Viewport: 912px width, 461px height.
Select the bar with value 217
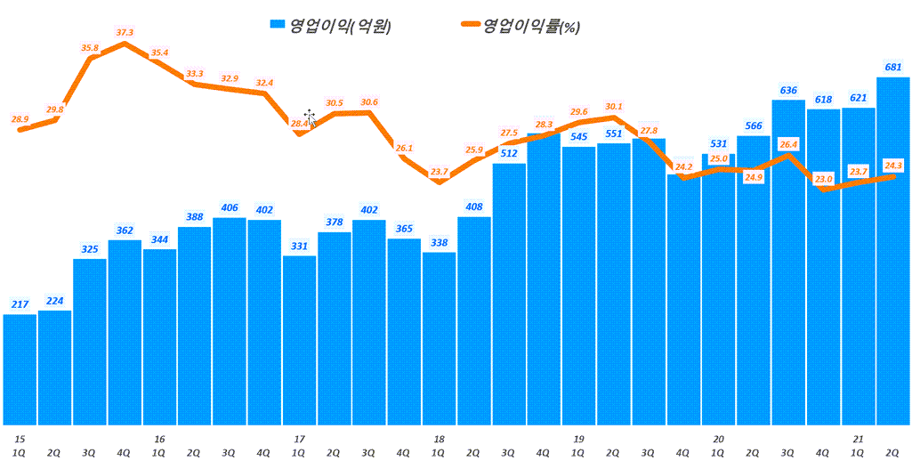pyautogui.click(x=20, y=369)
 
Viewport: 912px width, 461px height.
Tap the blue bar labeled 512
pyautogui.click(x=508, y=294)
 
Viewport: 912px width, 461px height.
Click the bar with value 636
pyautogui.click(x=787, y=263)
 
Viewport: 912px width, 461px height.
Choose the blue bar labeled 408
pyautogui.click(x=473, y=320)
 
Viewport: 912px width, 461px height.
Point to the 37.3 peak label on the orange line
pyautogui.click(x=125, y=33)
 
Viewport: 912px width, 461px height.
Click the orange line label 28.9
pyautogui.click(x=20, y=118)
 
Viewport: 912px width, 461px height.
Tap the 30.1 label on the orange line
pyautogui.click(x=613, y=106)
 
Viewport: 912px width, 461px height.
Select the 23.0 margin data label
pyautogui.click(x=823, y=179)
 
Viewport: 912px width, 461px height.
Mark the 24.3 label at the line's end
pyautogui.click(x=892, y=165)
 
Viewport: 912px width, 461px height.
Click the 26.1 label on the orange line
pyautogui.click(x=404, y=148)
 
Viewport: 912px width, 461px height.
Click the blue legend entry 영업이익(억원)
pyautogui.click(x=329, y=26)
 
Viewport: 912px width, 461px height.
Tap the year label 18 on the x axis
pyautogui.click(x=439, y=439)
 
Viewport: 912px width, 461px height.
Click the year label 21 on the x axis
pyautogui.click(x=858, y=439)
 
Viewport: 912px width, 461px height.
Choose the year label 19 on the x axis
pyautogui.click(x=578, y=439)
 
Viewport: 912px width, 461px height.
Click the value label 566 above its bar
pyautogui.click(x=753, y=125)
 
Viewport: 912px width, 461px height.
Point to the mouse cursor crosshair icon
pyautogui.click(x=310, y=117)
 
